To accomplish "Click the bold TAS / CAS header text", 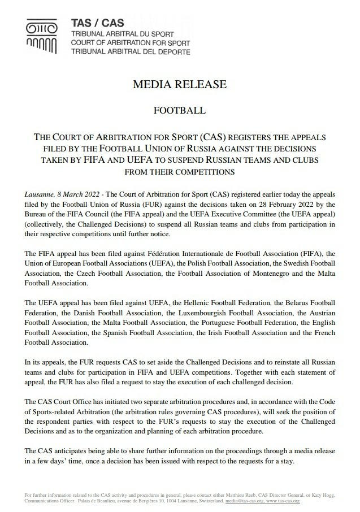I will click(x=93, y=23).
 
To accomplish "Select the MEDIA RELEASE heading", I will click(x=179, y=85).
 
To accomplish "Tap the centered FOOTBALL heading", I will click(x=179, y=110).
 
